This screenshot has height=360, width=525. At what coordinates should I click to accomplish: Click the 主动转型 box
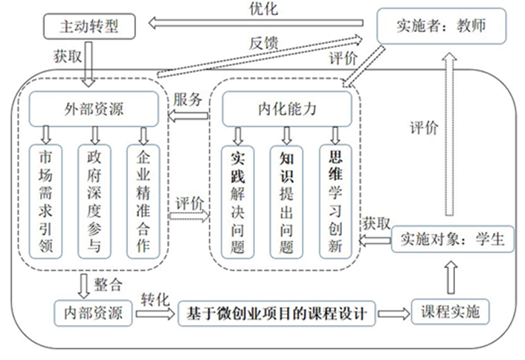coord(89,26)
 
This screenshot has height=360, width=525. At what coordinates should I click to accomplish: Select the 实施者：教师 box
coord(441,26)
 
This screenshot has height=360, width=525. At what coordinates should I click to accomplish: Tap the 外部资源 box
coord(94,109)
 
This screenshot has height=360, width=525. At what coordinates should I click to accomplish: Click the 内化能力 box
coord(287,109)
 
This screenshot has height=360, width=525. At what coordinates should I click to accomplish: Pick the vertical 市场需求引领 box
coord(45,202)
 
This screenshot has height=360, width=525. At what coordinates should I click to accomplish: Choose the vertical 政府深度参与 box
coord(94,202)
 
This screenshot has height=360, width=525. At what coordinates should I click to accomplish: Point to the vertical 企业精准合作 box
coord(143,202)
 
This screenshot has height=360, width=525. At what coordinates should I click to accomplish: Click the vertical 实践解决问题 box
coord(238,202)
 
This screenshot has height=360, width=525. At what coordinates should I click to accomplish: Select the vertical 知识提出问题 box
coord(286,202)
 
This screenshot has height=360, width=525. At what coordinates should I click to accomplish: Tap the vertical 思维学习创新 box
coord(335,202)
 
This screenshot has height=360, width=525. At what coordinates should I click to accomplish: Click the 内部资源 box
coord(93,313)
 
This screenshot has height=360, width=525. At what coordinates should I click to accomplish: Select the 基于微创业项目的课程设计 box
coord(276,313)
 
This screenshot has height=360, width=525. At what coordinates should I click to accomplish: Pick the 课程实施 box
coord(451,312)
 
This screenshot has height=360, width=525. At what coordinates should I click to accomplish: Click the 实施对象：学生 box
coord(452,239)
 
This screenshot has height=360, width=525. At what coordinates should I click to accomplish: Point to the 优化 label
coord(263,9)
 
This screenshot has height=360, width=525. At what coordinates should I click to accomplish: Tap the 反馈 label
coord(263,44)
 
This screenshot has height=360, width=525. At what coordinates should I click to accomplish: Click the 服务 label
coord(187,100)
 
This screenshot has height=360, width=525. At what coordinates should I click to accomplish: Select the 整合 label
coord(108,286)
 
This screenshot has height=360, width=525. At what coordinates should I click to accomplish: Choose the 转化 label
coord(155,300)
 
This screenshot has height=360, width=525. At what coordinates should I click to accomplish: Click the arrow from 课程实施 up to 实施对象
coord(451,278)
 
